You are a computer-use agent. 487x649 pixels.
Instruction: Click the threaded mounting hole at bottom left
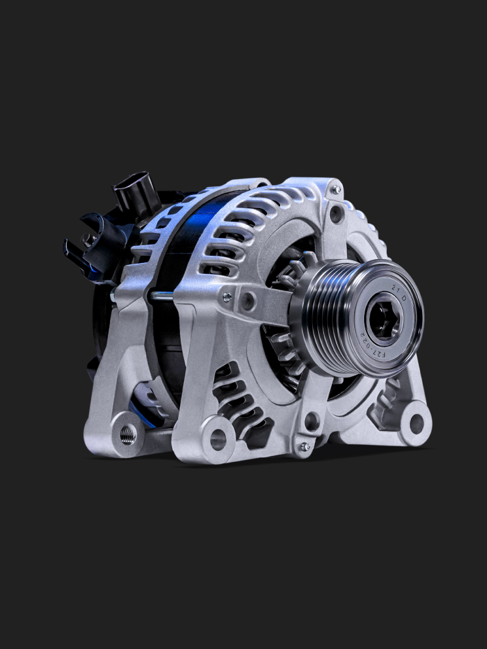click(128, 434)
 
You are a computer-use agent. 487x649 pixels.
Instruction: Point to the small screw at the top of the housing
click(336, 190)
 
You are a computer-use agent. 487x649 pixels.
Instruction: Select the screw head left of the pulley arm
click(227, 297)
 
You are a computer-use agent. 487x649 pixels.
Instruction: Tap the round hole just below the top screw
click(337, 213)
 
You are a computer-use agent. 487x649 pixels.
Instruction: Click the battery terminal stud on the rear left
click(87, 240)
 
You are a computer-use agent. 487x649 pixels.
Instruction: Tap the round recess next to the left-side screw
click(248, 302)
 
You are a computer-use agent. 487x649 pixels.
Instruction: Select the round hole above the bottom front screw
click(312, 421)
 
